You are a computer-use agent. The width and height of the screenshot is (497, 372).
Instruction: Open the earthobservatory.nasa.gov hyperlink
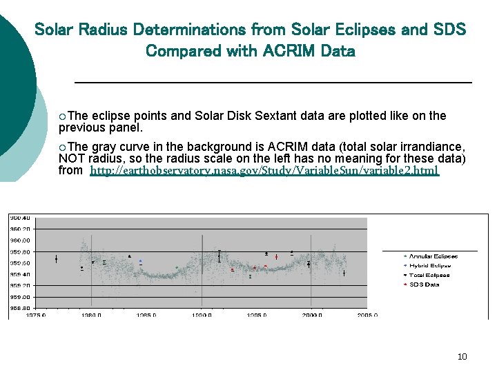pos(264,170)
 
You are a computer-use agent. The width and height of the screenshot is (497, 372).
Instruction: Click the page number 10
pos(462,356)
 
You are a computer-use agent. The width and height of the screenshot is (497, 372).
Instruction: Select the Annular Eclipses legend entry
pos(433,256)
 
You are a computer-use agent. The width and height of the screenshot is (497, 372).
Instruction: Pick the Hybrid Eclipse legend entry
pos(430,265)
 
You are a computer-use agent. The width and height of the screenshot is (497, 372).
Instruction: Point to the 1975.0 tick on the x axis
pos(36,315)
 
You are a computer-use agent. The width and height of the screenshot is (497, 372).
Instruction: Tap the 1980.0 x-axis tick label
pos(91,315)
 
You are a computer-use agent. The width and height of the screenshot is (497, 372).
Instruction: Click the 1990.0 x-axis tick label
pos(201,315)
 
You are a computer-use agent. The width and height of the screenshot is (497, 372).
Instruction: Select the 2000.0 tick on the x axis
pos(311,315)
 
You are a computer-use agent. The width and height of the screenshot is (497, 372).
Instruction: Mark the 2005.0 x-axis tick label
pos(367,315)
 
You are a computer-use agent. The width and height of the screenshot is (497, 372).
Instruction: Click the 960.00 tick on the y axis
pos(19,240)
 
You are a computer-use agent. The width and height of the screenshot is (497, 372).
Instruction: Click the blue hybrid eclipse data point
pos(140,261)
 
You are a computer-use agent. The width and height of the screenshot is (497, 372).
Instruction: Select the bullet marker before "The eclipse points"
pos(63,116)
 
